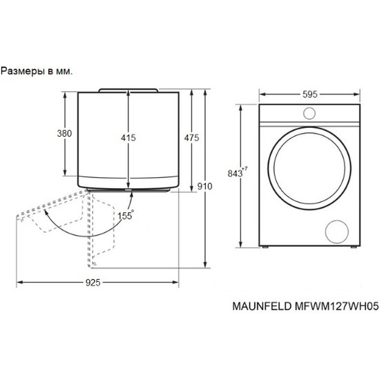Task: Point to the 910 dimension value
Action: [x=205, y=186]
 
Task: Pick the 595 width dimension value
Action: [x=310, y=94]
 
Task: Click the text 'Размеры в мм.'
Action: [x=37, y=71]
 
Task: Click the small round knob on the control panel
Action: [x=310, y=113]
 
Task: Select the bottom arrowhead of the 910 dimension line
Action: [x=205, y=266]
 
